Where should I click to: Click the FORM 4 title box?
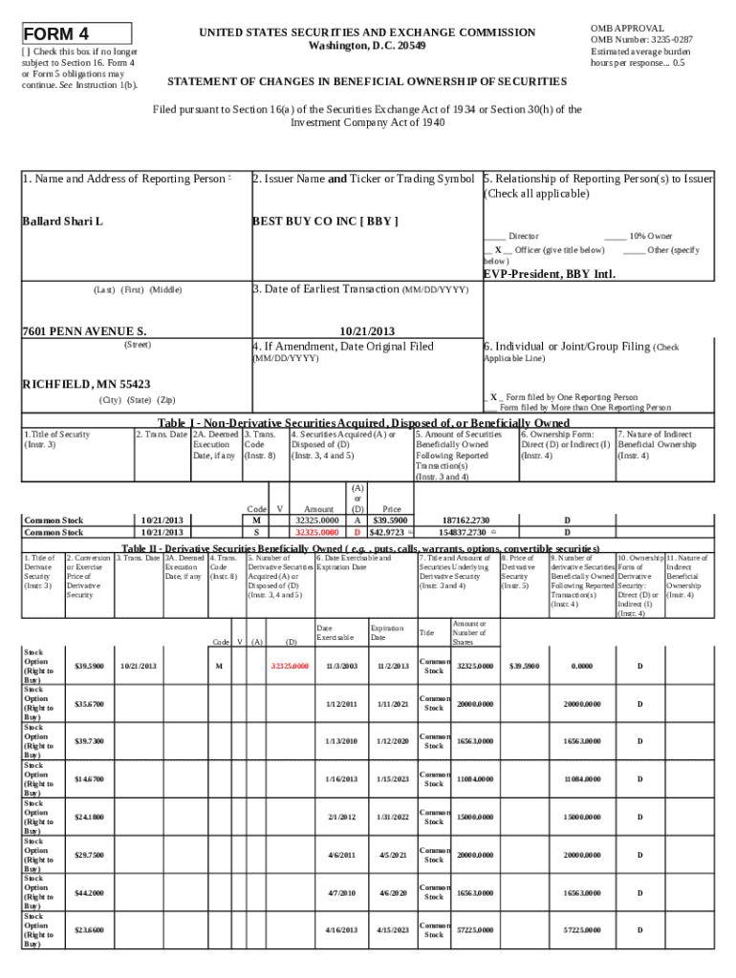coord(76,34)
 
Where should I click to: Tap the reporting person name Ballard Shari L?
coord(62,222)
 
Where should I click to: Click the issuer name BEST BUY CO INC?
coord(324,222)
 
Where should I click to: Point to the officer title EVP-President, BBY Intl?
coord(549,273)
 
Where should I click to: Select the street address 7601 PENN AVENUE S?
coord(84,330)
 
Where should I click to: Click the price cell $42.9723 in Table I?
coord(391,531)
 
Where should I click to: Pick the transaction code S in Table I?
coord(256,531)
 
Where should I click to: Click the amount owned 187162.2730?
coord(465,521)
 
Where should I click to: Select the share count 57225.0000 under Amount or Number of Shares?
coord(475,931)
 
